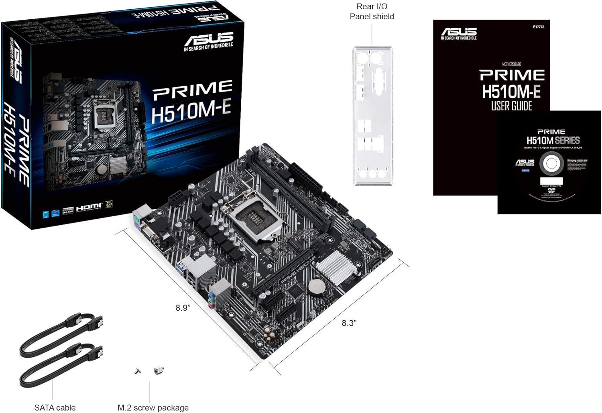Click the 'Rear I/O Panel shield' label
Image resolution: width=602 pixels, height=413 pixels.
(372, 12)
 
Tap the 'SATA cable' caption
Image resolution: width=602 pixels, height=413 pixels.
(55, 407)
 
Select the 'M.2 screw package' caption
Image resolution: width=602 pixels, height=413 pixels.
(153, 407)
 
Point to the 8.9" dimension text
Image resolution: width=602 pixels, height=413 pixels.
(183, 308)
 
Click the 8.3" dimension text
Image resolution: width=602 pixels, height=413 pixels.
(349, 323)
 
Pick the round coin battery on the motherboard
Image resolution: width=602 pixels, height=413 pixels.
(316, 286)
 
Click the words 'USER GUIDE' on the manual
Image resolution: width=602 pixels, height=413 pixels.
(512, 106)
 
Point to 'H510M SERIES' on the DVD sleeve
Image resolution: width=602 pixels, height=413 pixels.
(553, 140)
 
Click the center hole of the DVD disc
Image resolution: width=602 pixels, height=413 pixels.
(551, 164)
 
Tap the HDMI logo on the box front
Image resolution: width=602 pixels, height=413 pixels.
(89, 207)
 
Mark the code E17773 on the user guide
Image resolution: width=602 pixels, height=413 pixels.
(539, 27)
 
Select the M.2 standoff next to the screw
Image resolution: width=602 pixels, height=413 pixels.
(159, 370)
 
